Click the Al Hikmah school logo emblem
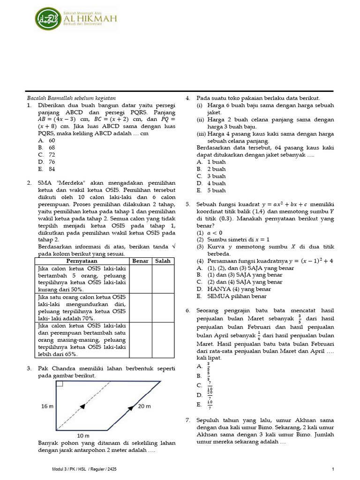click(x=47, y=19)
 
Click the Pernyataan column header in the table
click(x=82, y=261)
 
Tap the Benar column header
click(x=140, y=261)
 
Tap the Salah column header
click(x=163, y=261)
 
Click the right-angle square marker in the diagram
click(x=60, y=385)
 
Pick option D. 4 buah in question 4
click(x=211, y=183)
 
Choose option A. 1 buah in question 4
click(x=211, y=162)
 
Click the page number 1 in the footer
click(x=332, y=469)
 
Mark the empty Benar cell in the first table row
click(x=140, y=279)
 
